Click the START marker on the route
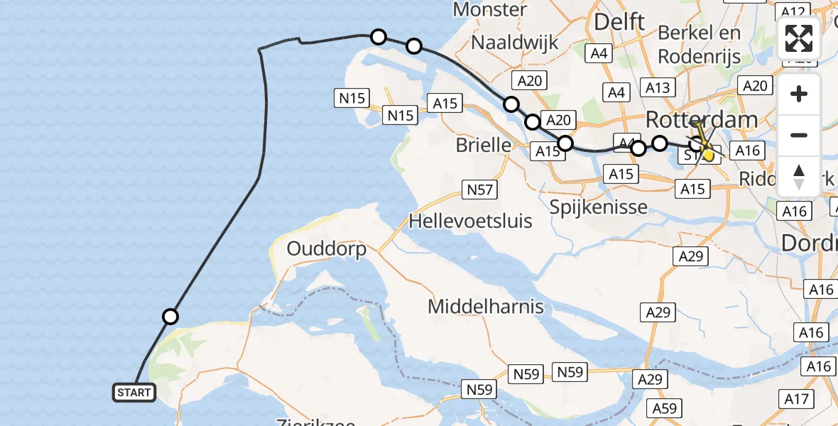click(134, 392)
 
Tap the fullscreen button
click(799, 38)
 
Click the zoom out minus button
click(799, 135)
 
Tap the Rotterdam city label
click(702, 119)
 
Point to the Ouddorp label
click(327, 249)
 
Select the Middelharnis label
click(486, 307)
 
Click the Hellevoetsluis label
click(470, 222)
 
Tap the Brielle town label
click(484, 146)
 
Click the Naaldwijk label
click(515, 43)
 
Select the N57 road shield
click(479, 190)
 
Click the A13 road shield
click(657, 87)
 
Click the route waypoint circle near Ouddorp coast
click(170, 317)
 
